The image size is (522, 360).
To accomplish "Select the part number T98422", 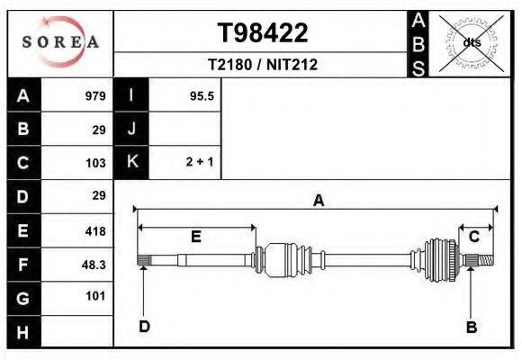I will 263,33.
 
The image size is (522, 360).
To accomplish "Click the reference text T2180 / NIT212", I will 263,65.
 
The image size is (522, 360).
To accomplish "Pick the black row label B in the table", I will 23,130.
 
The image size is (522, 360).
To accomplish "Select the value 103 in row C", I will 95,163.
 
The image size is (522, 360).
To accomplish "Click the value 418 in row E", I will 95,231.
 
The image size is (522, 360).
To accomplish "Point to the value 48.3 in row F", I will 94,265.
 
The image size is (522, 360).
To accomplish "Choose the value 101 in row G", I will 95,296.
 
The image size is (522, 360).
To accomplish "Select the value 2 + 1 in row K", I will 200,163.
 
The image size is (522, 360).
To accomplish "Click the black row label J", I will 131,130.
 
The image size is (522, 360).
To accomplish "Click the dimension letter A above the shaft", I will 318,201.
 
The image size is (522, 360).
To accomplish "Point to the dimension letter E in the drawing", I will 195,237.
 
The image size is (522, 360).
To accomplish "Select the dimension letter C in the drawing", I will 474,237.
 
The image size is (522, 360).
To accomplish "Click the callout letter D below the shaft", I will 143,327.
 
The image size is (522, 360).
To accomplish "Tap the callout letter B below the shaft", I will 470,327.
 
